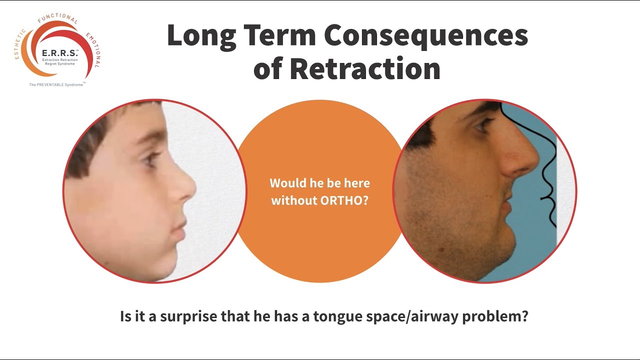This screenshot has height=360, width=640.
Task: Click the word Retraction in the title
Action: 364,69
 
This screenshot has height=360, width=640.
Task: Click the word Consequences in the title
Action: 426,36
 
